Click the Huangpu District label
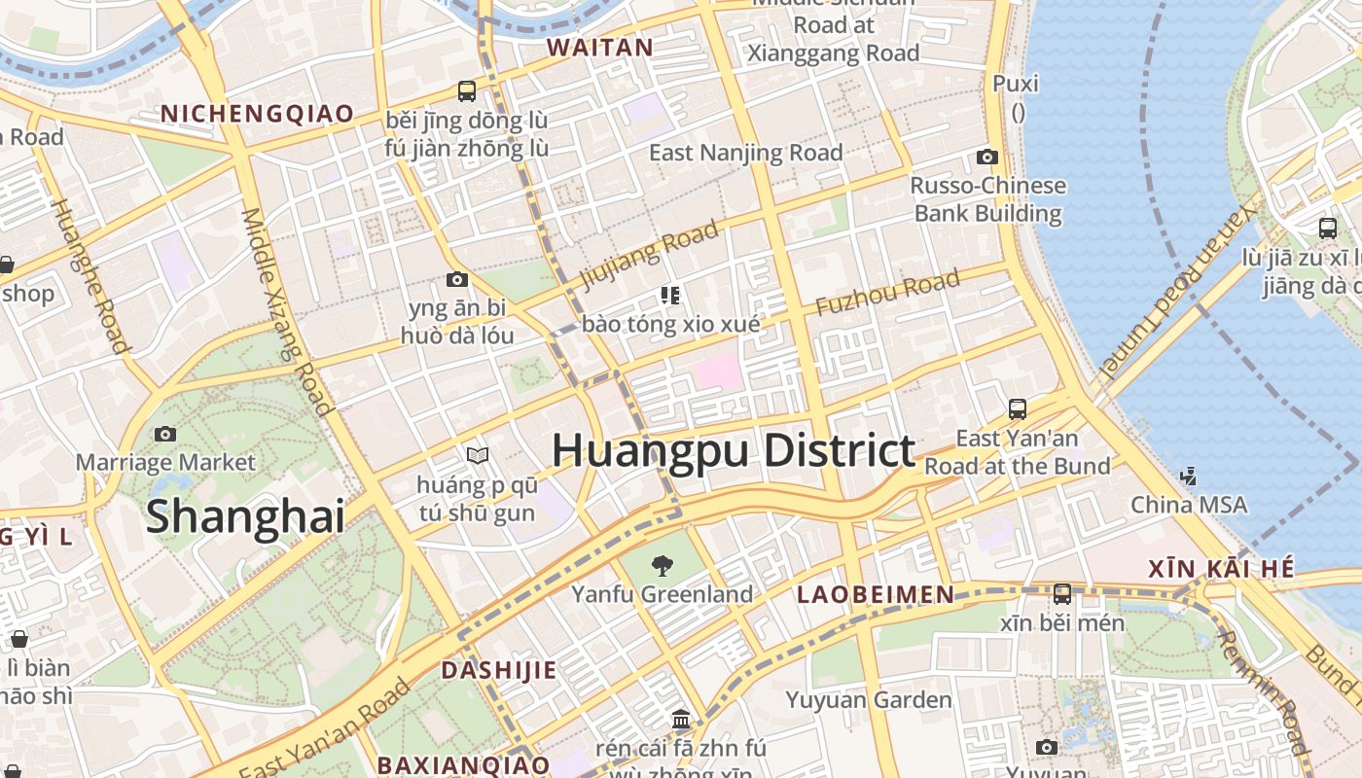point(734,451)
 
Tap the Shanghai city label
point(245,516)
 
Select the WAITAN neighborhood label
point(599,48)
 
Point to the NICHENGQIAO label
point(258,114)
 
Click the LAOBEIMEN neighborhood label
point(876,594)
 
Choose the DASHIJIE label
point(499,670)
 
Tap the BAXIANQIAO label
point(463,764)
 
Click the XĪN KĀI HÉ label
point(1222,569)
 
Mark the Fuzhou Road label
point(887,294)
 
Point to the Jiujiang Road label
point(649,256)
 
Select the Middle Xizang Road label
point(287,311)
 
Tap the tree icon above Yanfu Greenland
point(663,565)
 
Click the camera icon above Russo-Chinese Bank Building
point(987,157)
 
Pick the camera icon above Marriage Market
point(165,434)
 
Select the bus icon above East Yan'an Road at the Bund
point(1018,409)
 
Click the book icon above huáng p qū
point(477,455)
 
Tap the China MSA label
point(1188,505)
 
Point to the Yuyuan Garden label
point(869,700)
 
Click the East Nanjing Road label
point(745,153)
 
